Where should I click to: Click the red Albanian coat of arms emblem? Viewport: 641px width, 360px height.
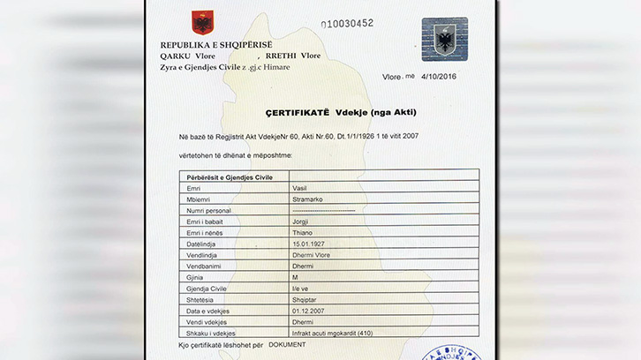coord(202,23)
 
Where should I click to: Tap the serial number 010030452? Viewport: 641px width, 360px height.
coord(347,23)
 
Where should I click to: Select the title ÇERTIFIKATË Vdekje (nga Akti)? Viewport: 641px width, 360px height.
coord(328,113)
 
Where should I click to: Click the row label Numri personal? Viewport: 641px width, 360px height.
coord(208,211)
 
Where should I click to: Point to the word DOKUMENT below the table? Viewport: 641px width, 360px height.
coord(287,344)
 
